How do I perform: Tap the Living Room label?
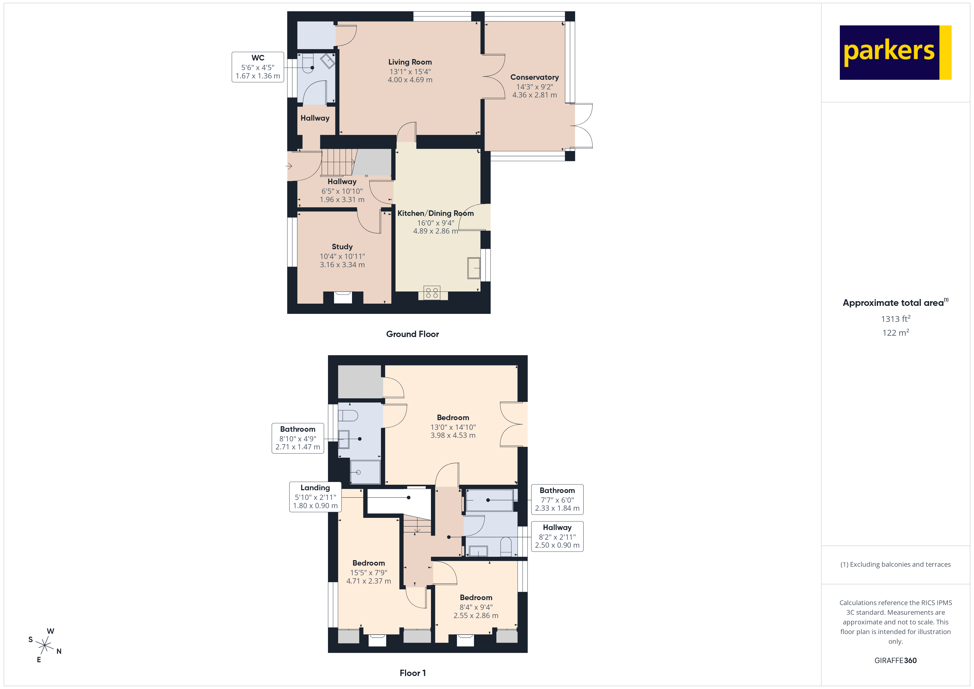click(x=410, y=62)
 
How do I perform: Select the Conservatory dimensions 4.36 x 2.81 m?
click(x=534, y=95)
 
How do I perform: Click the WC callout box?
click(x=258, y=67)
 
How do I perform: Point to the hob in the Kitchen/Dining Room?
click(x=432, y=292)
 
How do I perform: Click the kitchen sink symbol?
click(x=473, y=268)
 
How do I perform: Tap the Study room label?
click(x=342, y=247)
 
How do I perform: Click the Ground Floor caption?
click(x=412, y=334)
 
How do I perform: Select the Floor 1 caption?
click(x=412, y=673)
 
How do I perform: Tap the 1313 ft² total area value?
click(x=895, y=319)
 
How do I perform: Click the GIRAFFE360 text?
click(x=895, y=660)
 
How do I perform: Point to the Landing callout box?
click(x=315, y=497)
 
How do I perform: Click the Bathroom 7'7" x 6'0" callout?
click(x=557, y=499)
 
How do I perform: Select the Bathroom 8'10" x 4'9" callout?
click(x=297, y=438)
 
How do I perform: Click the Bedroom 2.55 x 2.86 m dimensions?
click(x=476, y=615)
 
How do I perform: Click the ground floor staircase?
click(x=337, y=162)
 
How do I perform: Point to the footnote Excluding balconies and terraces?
click(x=895, y=564)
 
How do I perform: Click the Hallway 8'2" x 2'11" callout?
click(x=557, y=536)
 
